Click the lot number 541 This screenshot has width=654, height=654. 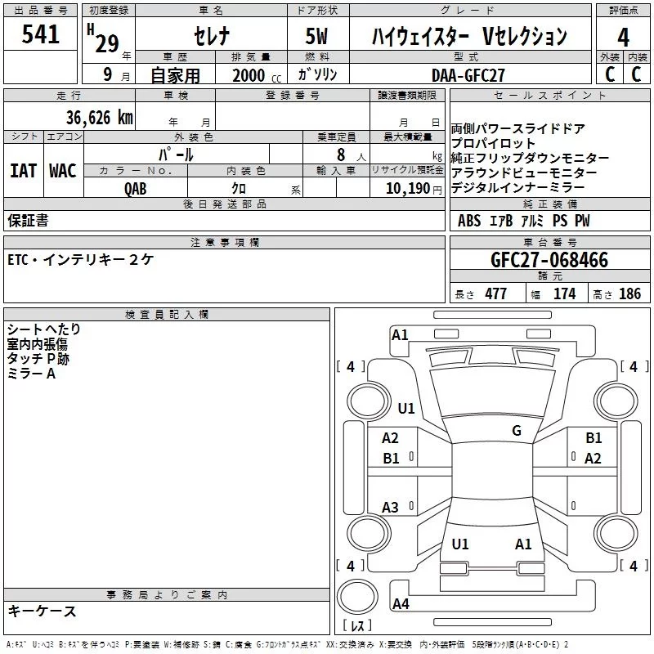tap(41, 34)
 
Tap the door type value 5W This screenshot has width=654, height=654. tap(318, 36)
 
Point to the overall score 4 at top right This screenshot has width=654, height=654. tap(624, 38)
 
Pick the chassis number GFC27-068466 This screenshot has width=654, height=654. tap(549, 261)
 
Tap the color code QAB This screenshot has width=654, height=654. tap(136, 187)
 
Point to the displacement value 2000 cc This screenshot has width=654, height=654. tap(256, 75)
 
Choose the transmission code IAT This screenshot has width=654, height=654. tap(23, 171)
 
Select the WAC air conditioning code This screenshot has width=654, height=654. tap(63, 171)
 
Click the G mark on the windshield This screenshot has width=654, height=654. tap(516, 431)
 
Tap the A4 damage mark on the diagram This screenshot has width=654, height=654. tap(401, 604)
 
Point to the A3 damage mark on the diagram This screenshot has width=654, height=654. tap(391, 508)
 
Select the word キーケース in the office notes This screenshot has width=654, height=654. tap(42, 611)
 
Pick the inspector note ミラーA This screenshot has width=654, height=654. tap(31, 374)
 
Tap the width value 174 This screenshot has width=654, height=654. tap(564, 294)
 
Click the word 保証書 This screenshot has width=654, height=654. tap(28, 220)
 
